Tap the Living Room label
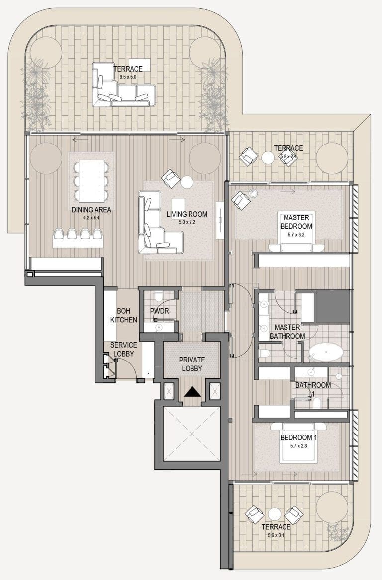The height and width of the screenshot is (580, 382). (x=187, y=214)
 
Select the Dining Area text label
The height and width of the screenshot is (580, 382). (x=91, y=209)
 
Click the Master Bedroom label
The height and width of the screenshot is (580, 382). (x=296, y=222)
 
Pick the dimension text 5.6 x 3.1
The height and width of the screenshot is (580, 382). (x=276, y=535)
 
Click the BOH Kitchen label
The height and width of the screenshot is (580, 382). (x=123, y=315)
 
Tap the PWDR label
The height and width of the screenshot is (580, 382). (x=159, y=311)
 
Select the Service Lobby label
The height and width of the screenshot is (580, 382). (x=123, y=349)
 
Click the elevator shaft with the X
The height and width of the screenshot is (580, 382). (x=191, y=434)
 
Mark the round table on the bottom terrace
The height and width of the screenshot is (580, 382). (x=275, y=514)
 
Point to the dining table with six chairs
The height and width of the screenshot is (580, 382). (x=93, y=179)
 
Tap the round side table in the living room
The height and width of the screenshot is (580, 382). (x=187, y=182)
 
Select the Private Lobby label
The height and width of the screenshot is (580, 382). (x=191, y=364)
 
